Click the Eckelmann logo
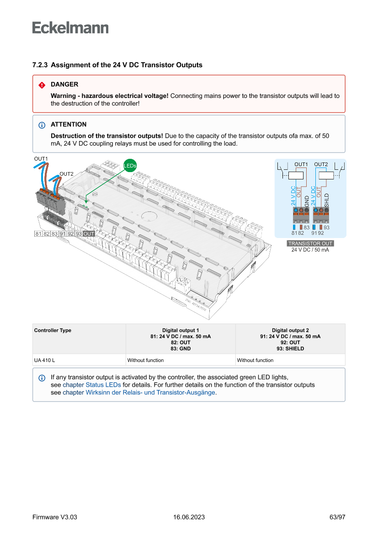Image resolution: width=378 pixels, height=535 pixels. pyautogui.click(x=70, y=28)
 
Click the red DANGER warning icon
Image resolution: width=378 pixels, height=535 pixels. pyautogui.click(x=42, y=85)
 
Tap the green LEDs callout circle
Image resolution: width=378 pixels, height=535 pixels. pyautogui.click(x=130, y=165)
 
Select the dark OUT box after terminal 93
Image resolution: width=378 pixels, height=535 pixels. pyautogui.click(x=89, y=234)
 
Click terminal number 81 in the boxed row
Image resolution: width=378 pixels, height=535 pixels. pyautogui.click(x=38, y=234)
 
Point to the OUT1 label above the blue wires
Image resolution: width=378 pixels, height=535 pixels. pyautogui.click(x=41, y=158)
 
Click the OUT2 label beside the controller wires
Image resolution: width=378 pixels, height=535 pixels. pyautogui.click(x=67, y=174)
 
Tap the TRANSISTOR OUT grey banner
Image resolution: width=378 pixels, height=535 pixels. pyautogui.click(x=310, y=243)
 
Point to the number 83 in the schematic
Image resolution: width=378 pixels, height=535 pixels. pyautogui.click(x=307, y=227)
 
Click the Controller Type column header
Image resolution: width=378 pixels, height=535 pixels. pyautogui.click(x=53, y=330)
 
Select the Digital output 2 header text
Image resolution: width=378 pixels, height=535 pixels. pyautogui.click(x=290, y=330)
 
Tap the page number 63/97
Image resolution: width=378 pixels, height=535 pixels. pyautogui.click(x=337, y=517)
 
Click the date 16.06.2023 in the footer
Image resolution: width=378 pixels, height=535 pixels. pyautogui.click(x=189, y=517)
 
